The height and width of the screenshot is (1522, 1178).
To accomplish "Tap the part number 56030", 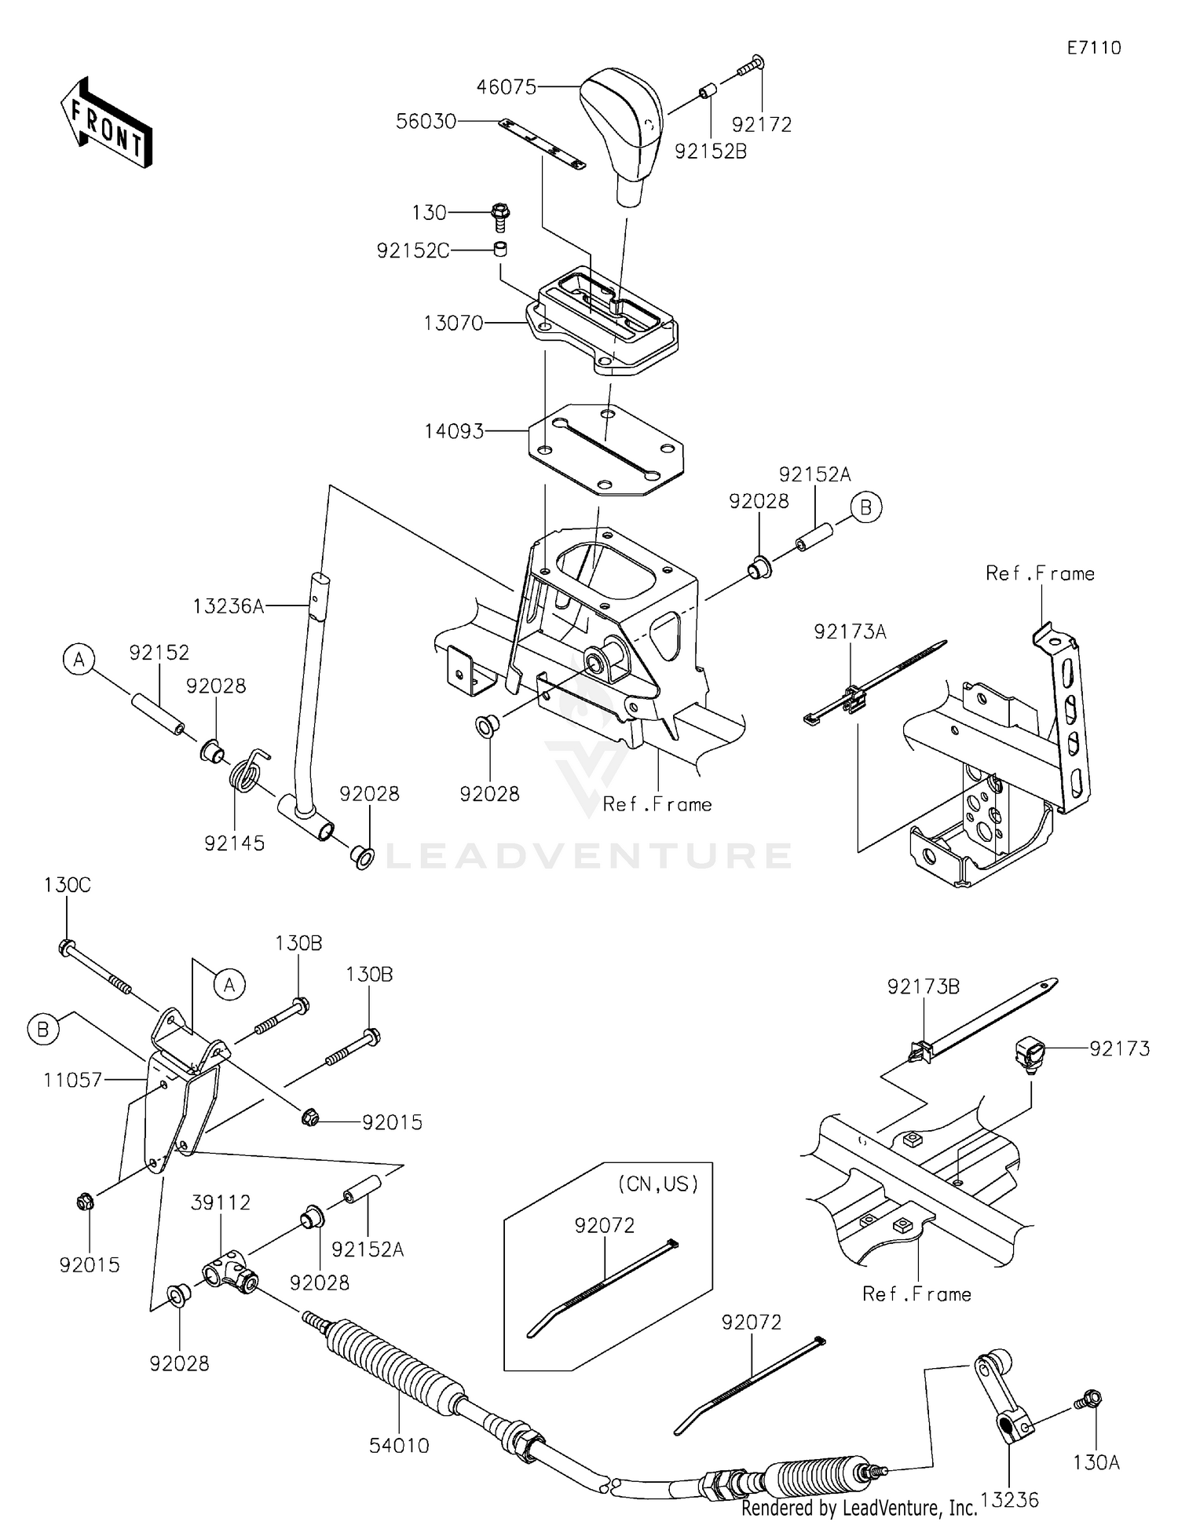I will point(426,122).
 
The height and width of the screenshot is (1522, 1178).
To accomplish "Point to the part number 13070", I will point(453,323).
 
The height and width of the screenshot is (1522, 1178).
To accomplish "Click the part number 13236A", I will point(229,606).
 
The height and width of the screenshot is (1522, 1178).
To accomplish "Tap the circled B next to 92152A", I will point(865,508).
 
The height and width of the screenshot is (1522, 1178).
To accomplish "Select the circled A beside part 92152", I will point(79,660).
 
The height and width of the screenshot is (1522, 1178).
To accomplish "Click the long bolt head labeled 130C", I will point(67,947).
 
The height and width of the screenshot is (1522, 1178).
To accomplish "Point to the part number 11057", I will point(73,1080).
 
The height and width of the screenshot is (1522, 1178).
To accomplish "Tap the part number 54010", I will point(399,1446).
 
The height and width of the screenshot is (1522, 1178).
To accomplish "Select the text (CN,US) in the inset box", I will point(658,1184).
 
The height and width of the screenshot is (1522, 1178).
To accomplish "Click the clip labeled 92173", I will point(1030,1052).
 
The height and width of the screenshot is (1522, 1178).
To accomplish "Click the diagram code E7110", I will point(1093,48).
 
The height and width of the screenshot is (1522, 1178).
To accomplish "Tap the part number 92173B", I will point(924,987).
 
